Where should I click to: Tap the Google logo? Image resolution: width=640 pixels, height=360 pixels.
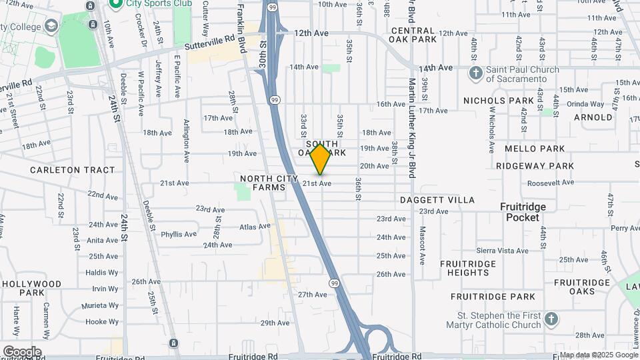click(x=22, y=351)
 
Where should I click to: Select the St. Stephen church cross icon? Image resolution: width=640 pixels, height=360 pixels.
click(x=551, y=319)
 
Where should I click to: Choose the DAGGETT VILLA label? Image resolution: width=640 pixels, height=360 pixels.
click(x=437, y=200)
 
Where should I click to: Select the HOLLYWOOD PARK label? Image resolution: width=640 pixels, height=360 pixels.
click(x=32, y=288)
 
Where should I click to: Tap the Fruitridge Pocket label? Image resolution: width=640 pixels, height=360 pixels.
click(x=523, y=212)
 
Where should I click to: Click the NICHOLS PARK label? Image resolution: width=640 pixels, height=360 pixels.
click(x=499, y=101)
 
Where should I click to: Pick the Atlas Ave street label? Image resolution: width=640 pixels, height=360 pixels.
click(x=255, y=227)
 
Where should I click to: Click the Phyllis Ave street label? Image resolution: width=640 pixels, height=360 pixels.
click(x=179, y=234)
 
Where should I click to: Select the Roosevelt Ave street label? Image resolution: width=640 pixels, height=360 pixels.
click(x=550, y=183)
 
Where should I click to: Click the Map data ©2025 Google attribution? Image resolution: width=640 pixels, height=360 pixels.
click(x=598, y=355)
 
